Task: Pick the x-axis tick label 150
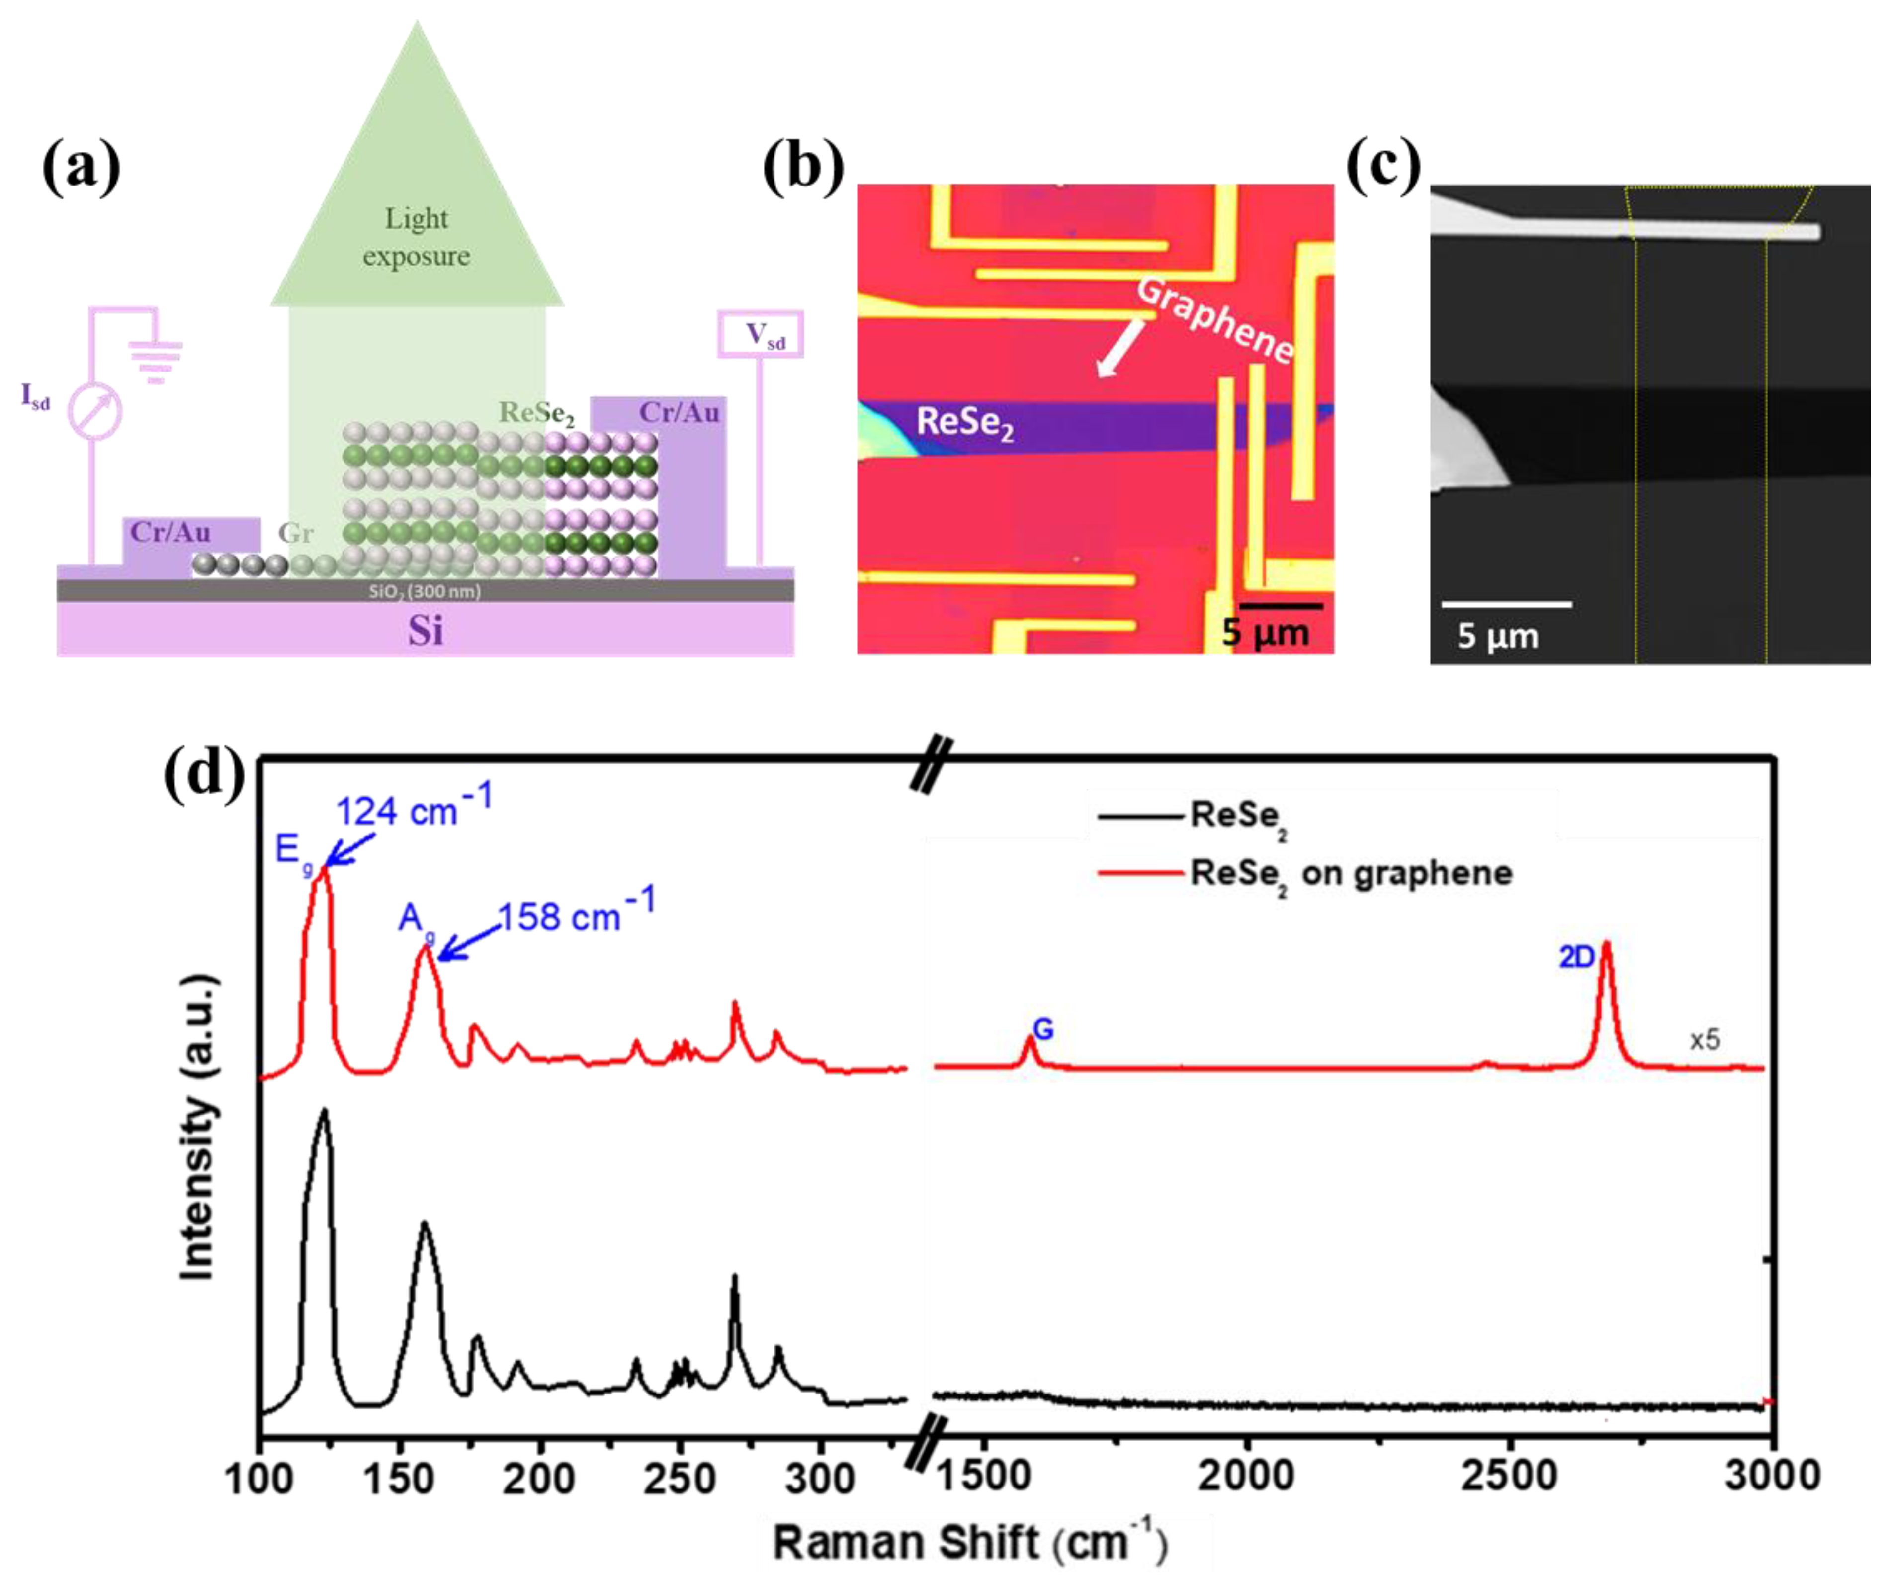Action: coord(399,1479)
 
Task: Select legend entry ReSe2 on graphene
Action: coord(1350,873)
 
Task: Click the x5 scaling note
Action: coord(1705,1040)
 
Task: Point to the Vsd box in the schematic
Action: coord(760,335)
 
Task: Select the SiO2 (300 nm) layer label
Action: coord(425,591)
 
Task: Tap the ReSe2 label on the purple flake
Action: coord(964,422)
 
